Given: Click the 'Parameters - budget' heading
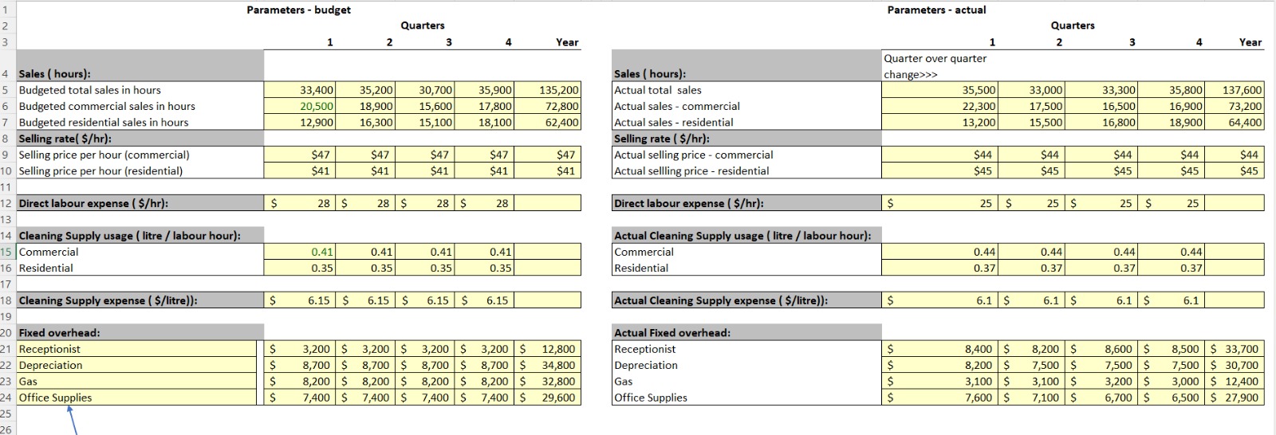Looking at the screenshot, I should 298,10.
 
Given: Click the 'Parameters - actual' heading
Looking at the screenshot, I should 936,10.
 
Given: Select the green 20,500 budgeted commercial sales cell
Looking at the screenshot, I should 317,106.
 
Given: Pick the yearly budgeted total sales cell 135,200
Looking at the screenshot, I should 559,90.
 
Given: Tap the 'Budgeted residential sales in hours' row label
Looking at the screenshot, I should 104,122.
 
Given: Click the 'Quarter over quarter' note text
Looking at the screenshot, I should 935,58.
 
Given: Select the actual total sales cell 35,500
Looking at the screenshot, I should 979,90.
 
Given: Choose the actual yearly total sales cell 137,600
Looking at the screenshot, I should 1242,90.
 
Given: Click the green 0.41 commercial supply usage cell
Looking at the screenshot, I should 322,252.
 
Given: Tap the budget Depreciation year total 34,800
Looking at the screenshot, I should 558,365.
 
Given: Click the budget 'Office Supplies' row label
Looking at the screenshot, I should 55,398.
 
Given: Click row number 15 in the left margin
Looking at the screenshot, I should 6,252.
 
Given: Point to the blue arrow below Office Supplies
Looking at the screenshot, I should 73,420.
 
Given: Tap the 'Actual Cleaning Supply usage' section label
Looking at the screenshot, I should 742,235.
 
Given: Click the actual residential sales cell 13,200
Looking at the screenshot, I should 979,122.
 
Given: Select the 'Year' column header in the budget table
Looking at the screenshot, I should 567,42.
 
